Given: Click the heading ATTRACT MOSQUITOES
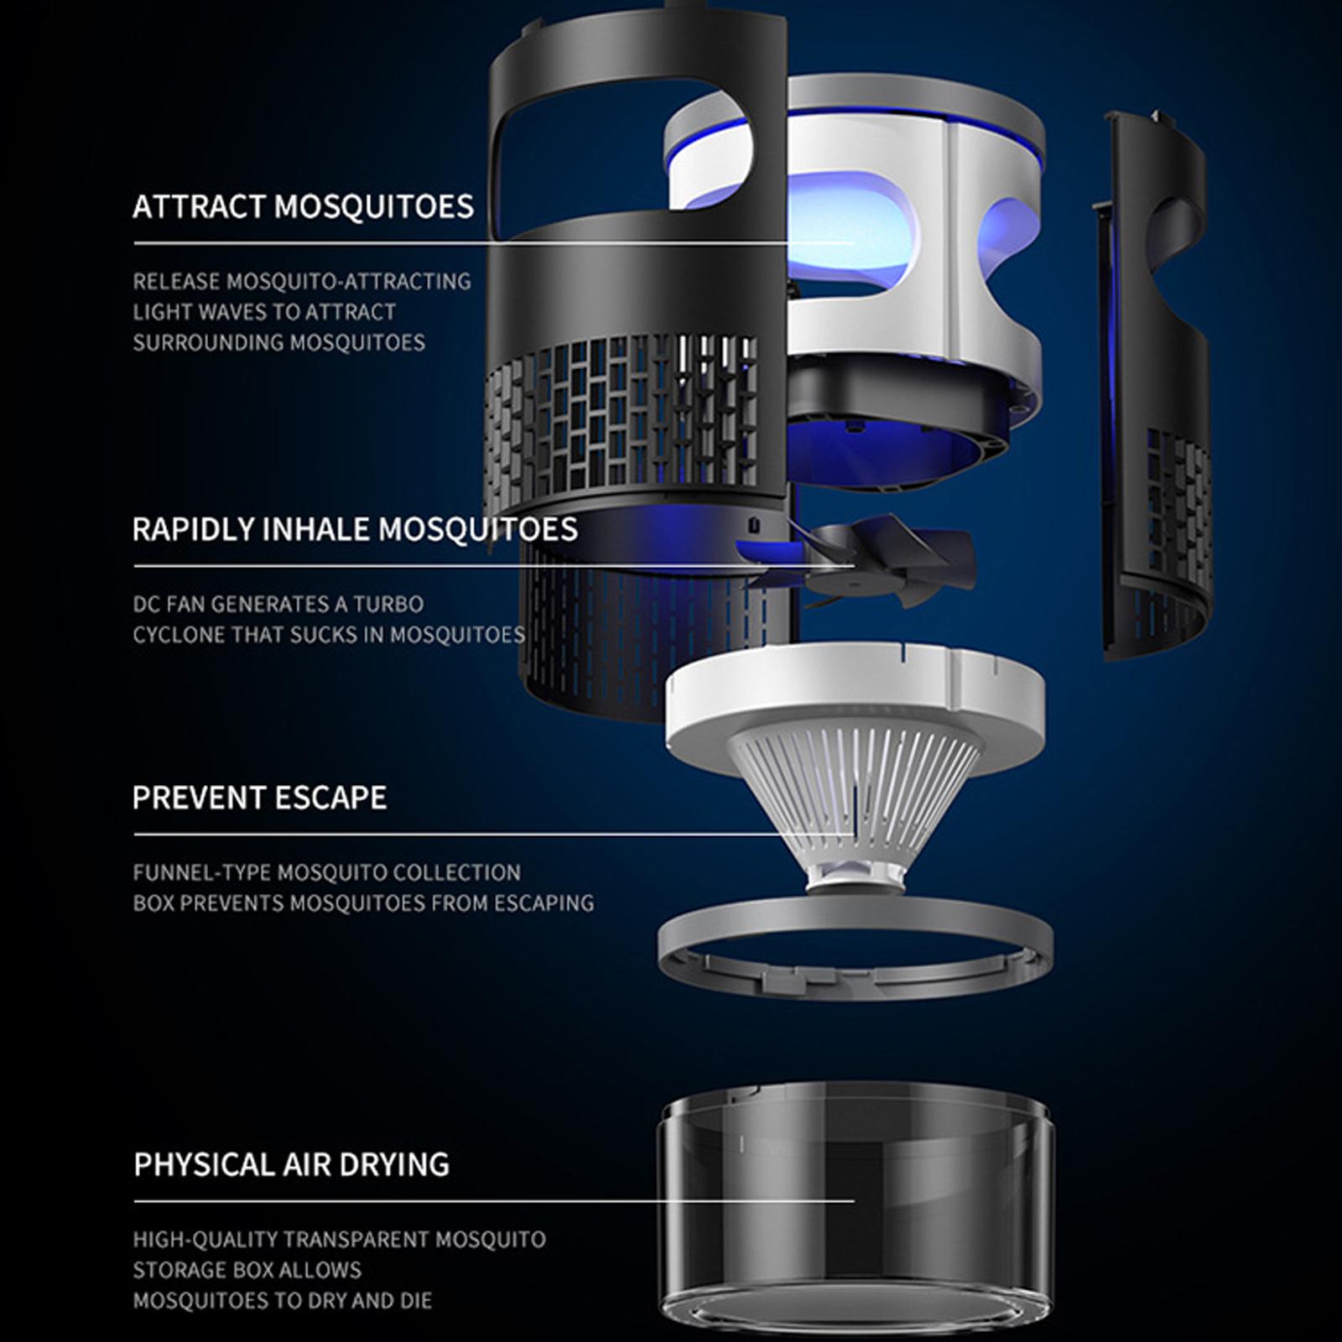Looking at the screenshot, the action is pos(303,206).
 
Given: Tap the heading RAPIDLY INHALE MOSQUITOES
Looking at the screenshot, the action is pos(355,529).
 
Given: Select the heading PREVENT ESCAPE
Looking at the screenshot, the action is pos(259,797).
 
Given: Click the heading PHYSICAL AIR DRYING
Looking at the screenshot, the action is pos(291,1164).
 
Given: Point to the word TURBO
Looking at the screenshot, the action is pos(388,604).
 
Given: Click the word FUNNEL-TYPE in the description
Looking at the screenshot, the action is pos(201,872).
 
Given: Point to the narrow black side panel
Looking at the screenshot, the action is pos(1155,386).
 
